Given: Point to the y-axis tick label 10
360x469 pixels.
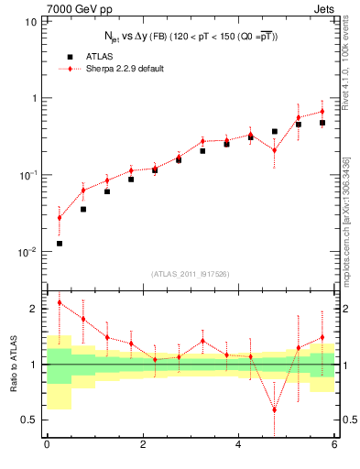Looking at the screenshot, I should [x=31, y=20].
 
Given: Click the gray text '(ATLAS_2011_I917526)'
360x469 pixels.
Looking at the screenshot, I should [x=191, y=274].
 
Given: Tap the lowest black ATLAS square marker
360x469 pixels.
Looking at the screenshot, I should [x=60, y=243].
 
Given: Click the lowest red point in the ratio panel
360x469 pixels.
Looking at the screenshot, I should [x=274, y=409].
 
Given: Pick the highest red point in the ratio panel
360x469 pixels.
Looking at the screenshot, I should [x=60, y=302].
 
